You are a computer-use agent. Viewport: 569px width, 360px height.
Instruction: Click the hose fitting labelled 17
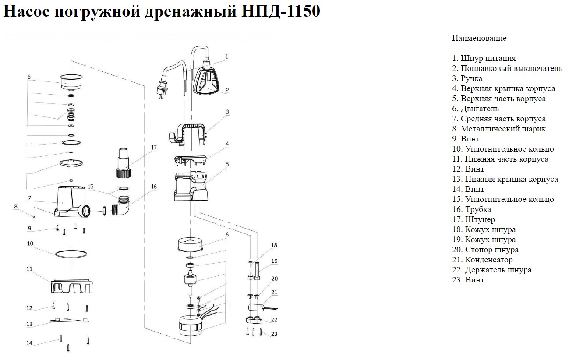[x=124, y=162]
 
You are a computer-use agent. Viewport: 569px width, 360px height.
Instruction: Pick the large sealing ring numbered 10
[x=72, y=254]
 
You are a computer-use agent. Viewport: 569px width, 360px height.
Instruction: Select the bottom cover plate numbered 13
[x=70, y=320]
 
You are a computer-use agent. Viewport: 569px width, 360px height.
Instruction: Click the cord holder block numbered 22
[x=254, y=320]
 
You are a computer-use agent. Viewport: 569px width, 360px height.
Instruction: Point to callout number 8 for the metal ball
[x=16, y=207]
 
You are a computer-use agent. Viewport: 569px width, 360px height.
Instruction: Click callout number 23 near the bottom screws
[x=274, y=334]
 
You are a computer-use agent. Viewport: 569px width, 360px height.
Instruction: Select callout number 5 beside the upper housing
[x=227, y=164]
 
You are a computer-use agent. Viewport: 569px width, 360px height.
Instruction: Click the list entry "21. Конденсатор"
[x=482, y=260]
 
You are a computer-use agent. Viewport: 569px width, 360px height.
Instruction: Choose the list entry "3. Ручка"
[x=467, y=78]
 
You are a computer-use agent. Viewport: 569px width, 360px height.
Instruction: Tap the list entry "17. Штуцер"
[x=474, y=219]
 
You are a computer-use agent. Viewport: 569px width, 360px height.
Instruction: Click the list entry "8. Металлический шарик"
[x=499, y=129]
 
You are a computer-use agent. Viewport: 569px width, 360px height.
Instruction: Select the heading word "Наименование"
[x=479, y=38]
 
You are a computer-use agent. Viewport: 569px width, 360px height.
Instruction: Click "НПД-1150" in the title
[x=281, y=11]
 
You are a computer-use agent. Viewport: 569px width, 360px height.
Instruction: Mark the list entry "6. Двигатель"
[x=475, y=109]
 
